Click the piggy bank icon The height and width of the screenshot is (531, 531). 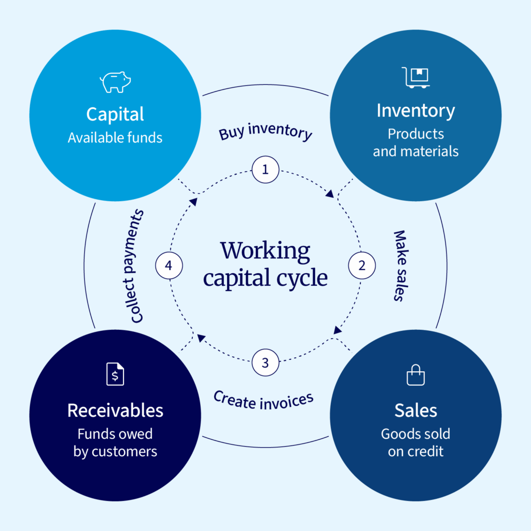(x=115, y=82)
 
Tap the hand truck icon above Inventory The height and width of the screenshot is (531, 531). (x=416, y=78)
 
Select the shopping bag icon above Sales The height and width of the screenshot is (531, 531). (x=415, y=375)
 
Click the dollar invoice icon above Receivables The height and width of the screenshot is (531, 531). (x=115, y=374)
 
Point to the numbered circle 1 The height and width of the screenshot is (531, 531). (x=265, y=170)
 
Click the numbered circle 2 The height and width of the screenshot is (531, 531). (x=361, y=265)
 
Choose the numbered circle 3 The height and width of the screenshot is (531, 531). (x=265, y=362)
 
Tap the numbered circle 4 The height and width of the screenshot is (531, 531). (x=169, y=266)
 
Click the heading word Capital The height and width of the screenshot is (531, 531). (x=115, y=114)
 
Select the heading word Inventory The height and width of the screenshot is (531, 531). (x=416, y=110)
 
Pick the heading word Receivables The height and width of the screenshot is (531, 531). (x=115, y=411)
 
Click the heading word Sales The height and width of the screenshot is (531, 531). (x=415, y=411)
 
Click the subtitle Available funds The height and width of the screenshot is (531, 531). (x=115, y=138)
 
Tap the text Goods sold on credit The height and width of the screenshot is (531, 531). (x=415, y=442)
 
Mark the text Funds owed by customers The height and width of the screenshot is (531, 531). (x=115, y=442)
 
